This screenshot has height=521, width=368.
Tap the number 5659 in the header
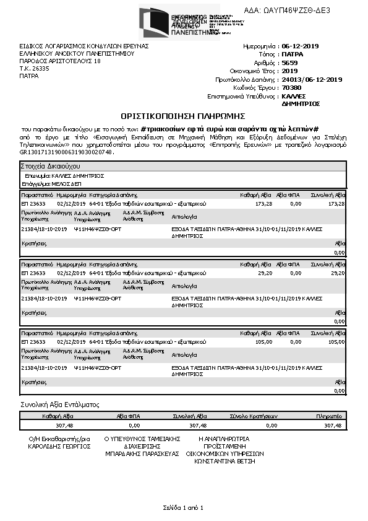point(289,63)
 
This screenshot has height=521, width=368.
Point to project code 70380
point(291,88)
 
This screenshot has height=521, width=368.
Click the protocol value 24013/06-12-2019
point(312,80)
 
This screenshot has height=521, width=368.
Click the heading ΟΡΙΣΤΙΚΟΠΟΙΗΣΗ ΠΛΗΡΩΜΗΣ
point(184,116)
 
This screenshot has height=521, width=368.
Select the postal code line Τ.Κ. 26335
point(34,69)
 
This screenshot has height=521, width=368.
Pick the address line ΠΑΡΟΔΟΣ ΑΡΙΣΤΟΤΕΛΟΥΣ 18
point(59,61)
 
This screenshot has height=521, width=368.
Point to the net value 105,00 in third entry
point(264,341)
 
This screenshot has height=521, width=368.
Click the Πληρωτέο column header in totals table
point(329,417)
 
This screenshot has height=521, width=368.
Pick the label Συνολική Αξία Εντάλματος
point(60,405)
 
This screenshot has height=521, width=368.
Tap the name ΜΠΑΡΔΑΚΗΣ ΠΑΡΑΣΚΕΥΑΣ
point(142,453)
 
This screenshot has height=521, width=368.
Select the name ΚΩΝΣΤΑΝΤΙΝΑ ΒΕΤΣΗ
point(225,462)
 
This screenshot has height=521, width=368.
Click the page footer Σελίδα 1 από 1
point(183,508)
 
